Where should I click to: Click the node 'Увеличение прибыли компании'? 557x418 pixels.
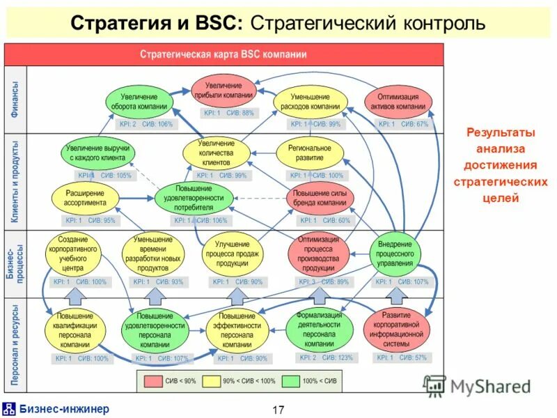[x=223, y=89]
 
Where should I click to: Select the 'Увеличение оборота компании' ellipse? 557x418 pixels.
[x=139, y=102]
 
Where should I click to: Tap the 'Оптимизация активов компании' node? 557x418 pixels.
[x=398, y=102]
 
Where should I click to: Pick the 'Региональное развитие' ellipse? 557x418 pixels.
[x=310, y=153]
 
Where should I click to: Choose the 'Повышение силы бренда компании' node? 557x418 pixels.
[x=320, y=198]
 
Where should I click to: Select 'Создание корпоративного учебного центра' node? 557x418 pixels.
[x=76, y=254]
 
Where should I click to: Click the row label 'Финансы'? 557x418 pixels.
[x=15, y=100]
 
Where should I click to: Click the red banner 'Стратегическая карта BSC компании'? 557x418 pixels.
[x=223, y=54]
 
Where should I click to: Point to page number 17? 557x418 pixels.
[x=278, y=410]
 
